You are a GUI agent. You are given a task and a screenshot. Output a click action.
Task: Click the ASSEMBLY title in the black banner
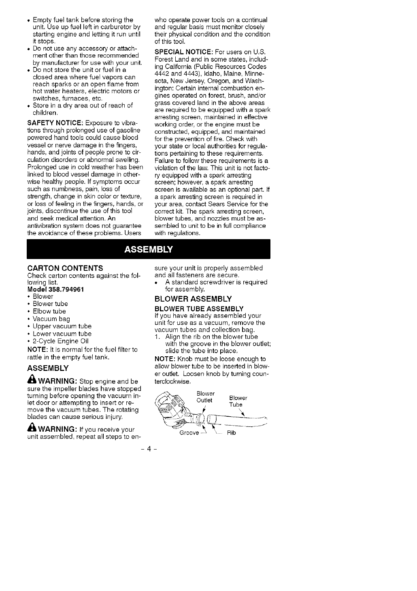(148, 249)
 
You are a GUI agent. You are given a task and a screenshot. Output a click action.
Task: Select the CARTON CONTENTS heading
(65, 268)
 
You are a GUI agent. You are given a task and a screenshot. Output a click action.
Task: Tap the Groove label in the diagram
(189, 433)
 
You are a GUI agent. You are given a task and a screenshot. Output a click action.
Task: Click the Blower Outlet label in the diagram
(205, 397)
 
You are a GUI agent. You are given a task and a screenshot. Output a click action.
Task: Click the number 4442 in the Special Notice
(163, 73)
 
